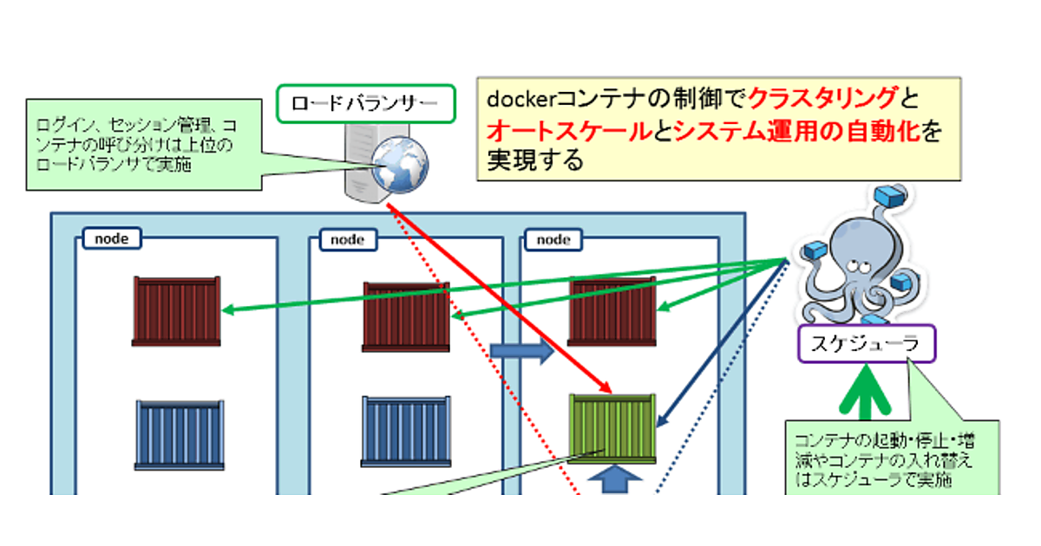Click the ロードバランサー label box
[x=365, y=104]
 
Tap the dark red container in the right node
[x=612, y=312]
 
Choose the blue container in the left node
[x=180, y=434]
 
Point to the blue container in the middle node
[x=406, y=432]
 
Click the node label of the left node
[x=112, y=238]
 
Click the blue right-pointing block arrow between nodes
[x=521, y=351]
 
